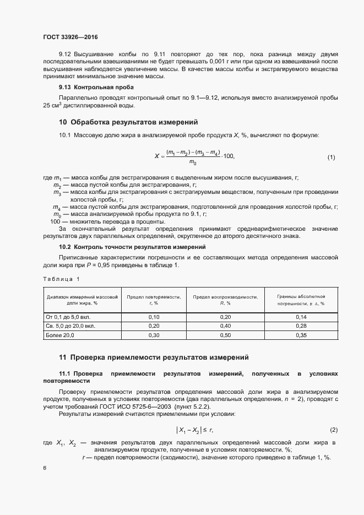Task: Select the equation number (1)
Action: click(331, 158)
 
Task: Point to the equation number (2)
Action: click(333, 429)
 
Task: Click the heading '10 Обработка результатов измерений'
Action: click(128, 122)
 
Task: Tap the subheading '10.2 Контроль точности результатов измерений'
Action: click(132, 247)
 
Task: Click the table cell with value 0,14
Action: click(301, 317)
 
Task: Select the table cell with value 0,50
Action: click(225, 335)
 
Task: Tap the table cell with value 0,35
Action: click(301, 335)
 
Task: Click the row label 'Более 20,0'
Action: click(60, 335)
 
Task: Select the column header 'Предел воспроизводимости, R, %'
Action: click(225, 300)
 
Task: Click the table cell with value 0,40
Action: click(225, 326)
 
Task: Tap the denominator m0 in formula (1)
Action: click(193, 162)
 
